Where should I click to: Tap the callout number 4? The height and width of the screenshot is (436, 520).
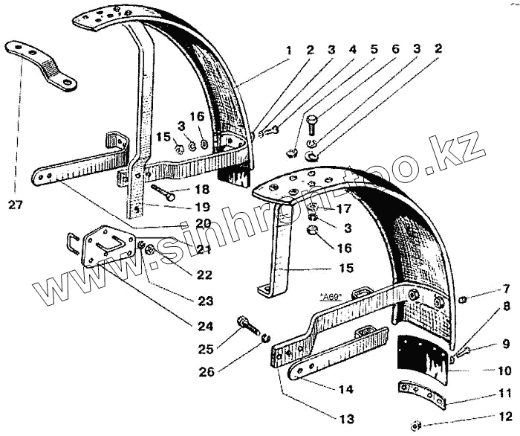pyautogui.click(x=353, y=51)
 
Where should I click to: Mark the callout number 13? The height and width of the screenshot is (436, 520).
pyautogui.click(x=346, y=418)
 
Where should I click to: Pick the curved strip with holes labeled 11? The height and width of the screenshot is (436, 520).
pyautogui.click(x=422, y=394)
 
